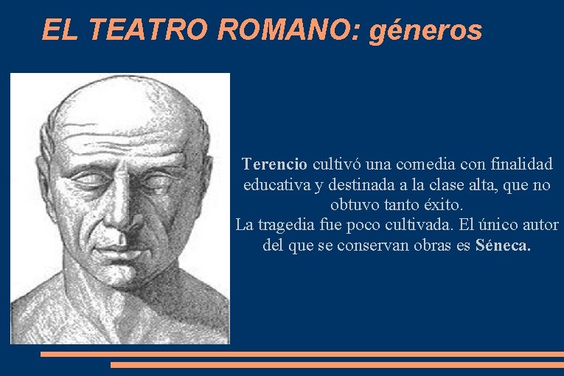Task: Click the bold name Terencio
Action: click(x=275, y=163)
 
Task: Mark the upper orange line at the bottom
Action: click(x=302, y=354)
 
